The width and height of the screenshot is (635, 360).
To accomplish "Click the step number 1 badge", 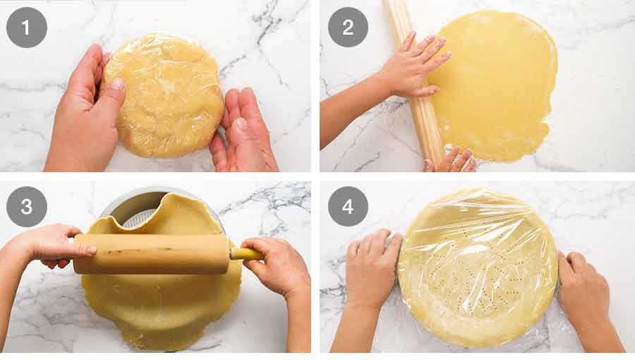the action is coord(27,28).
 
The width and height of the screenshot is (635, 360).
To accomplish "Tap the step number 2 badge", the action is coord(348,27).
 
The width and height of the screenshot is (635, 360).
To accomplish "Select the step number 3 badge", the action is coord(27,207).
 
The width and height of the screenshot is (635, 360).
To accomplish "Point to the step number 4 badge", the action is coord(348,207).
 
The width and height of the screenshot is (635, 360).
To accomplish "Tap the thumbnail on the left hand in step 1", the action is coord(117,84).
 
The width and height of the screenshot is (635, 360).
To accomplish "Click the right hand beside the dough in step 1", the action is coord(242,131).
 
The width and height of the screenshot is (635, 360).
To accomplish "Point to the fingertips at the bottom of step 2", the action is coord(450,161).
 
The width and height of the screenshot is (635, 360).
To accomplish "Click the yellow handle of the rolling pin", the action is coord(246,254).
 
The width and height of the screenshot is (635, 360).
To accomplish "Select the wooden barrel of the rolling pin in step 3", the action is coord(151,254).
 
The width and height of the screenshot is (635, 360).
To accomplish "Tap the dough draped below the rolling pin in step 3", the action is coord(162,308).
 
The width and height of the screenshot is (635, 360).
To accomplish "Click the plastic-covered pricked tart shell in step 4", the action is coord(478,268).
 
